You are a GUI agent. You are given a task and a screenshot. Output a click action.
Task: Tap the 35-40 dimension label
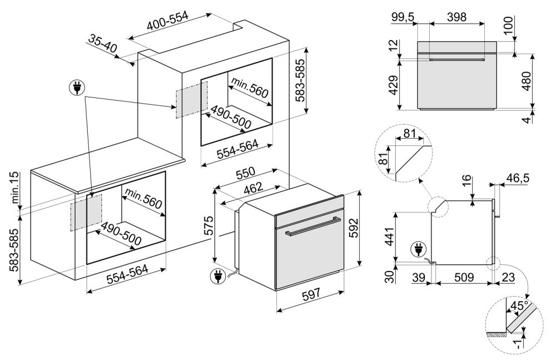[102, 44]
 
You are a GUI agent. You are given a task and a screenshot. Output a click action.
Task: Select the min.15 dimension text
[15, 187]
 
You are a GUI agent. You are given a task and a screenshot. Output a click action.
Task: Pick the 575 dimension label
[207, 225]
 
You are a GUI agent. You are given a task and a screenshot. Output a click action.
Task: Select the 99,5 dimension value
[403, 17]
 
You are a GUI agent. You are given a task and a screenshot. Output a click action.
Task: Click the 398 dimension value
[449, 17]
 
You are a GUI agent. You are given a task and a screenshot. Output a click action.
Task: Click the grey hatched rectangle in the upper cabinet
[191, 99]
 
